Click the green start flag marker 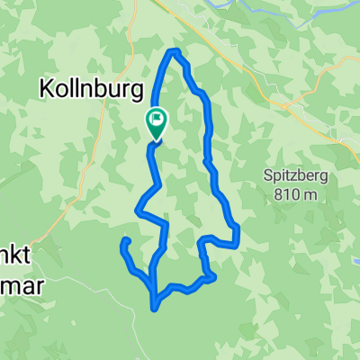(x=157, y=123)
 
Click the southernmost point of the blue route (x=156, y=309)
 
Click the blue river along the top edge (x=270, y=7)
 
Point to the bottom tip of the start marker (x=157, y=140)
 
